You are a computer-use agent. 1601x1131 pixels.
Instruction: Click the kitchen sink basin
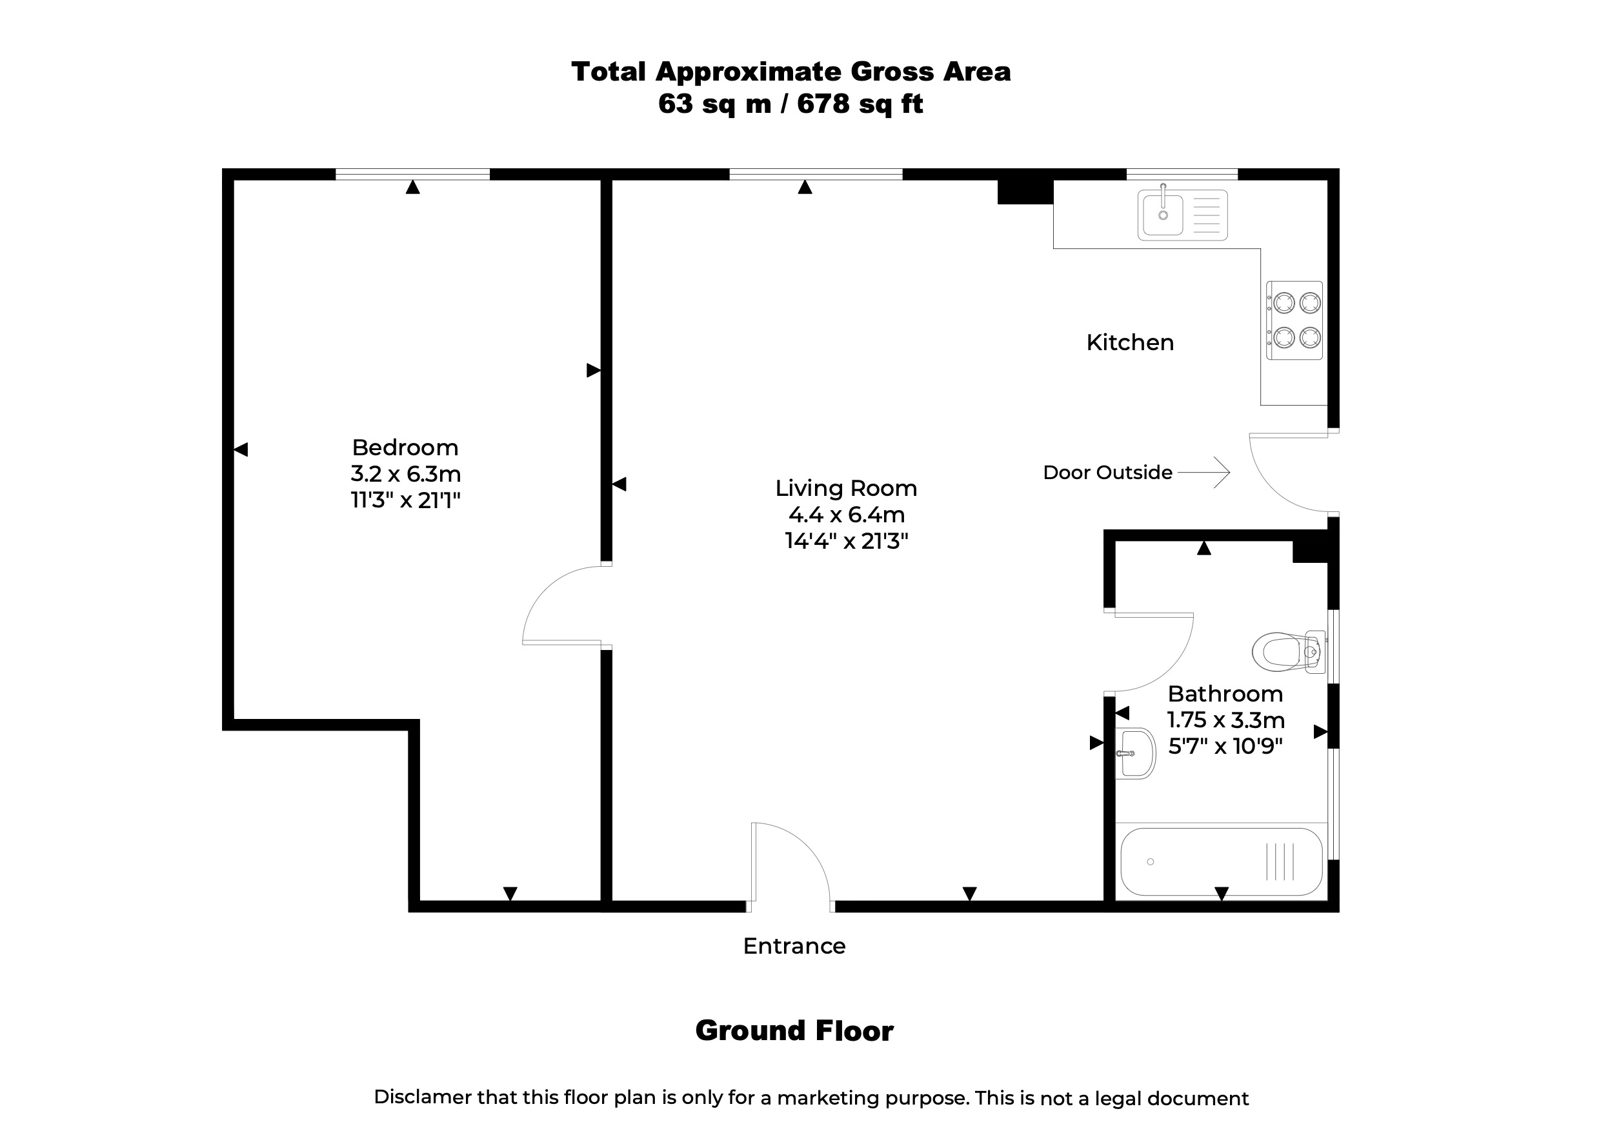pos(1162,215)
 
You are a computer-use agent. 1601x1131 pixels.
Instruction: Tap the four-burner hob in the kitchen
pos(1295,320)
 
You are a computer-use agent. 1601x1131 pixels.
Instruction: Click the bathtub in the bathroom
pos(1222,862)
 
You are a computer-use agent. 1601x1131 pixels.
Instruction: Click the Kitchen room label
pos(1131,342)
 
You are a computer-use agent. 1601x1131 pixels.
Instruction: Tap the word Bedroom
pos(405,447)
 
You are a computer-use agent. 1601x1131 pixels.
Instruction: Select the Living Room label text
pos(847,489)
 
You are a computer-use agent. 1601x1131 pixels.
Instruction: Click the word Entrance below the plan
pos(794,946)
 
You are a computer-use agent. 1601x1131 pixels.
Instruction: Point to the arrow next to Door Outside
pos(1204,473)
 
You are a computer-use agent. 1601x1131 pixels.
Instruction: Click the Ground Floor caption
pos(794,1030)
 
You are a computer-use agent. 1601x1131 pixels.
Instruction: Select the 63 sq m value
pos(715,104)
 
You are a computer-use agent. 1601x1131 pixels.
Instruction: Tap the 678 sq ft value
pos(860,104)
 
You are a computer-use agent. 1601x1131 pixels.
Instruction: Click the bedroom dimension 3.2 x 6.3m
pos(406,474)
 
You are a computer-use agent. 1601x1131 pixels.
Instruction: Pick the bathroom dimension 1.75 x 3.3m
pos(1226,720)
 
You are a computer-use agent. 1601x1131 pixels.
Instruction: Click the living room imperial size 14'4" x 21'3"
pos(847,541)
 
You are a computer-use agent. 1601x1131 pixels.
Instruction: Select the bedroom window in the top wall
pos(413,174)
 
